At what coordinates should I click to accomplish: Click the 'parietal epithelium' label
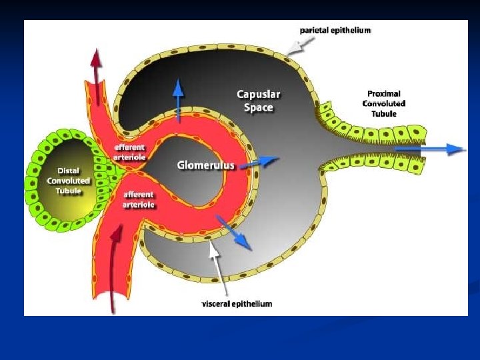point(335,30)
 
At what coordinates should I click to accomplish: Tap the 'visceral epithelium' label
point(237,304)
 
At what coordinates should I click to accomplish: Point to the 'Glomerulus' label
point(206,165)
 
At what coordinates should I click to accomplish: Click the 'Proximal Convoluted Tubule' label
point(383,103)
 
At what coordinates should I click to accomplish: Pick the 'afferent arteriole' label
point(139,200)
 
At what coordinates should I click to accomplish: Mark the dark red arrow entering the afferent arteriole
point(118,267)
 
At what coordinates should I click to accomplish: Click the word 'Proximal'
point(383,93)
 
